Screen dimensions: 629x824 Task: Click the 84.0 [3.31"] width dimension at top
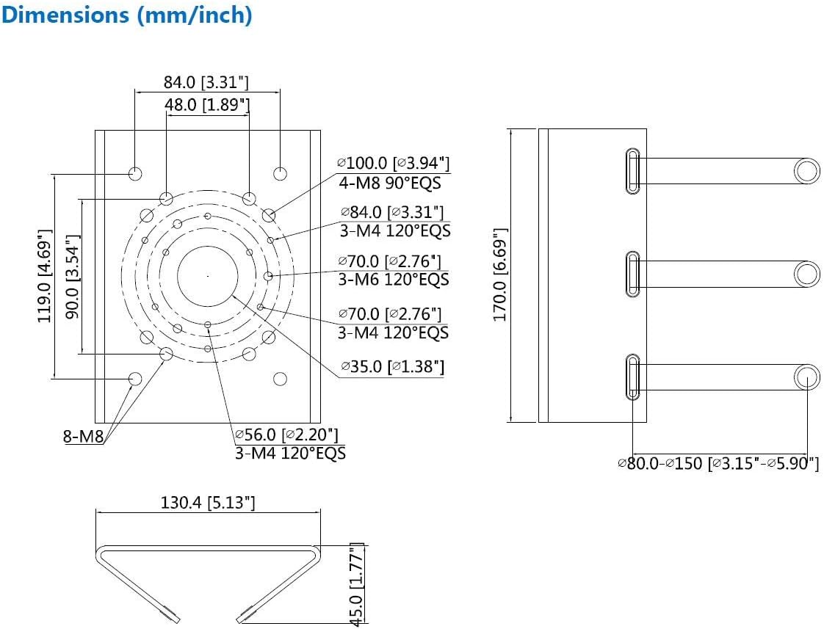click(206, 81)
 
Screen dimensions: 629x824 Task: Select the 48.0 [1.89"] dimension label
click(207, 105)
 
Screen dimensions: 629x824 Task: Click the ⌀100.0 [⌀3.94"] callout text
click(393, 163)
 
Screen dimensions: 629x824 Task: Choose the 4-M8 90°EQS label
click(390, 182)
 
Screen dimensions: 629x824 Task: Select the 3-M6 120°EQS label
click(393, 280)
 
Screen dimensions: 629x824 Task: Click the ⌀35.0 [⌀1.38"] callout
click(392, 366)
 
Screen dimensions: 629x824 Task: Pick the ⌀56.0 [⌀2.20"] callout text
click(286, 435)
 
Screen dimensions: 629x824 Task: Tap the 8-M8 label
click(83, 438)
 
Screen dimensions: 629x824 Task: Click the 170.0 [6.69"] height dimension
click(500, 274)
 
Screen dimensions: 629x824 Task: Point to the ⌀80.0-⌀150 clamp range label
click(718, 464)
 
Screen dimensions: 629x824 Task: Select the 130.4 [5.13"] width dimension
click(207, 503)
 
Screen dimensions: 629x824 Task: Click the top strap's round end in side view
click(806, 172)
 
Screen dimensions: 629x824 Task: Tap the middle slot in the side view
click(632, 274)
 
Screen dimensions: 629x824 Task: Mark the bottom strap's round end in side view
click(806, 377)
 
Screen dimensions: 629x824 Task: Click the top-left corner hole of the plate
click(135, 174)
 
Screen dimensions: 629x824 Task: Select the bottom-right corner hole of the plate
click(280, 379)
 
